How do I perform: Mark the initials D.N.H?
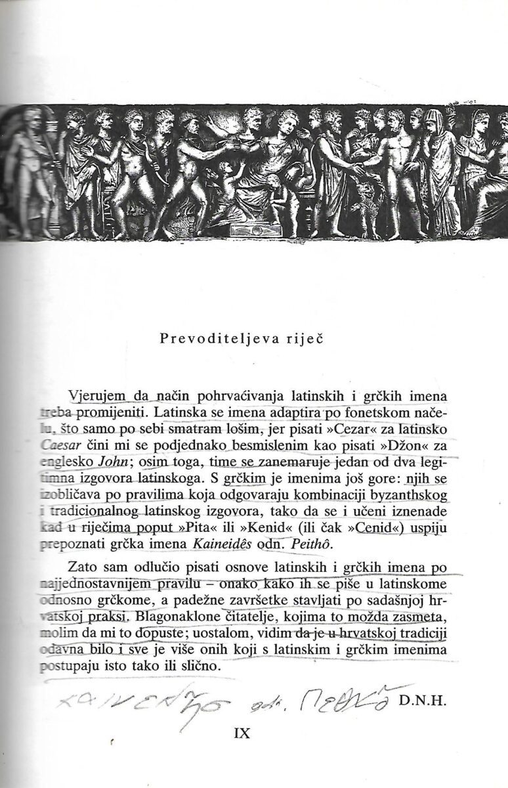click(423, 701)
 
